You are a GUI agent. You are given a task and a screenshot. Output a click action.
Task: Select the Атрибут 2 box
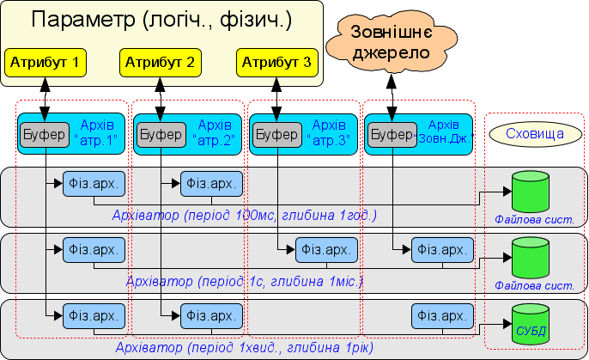(161, 62)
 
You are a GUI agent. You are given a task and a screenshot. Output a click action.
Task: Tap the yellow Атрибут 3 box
(276, 62)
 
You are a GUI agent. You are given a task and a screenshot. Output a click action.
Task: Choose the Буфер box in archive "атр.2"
(161, 135)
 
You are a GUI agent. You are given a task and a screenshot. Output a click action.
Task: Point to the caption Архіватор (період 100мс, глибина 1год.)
(245, 214)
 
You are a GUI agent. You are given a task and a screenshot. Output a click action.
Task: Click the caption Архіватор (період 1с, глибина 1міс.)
(245, 280)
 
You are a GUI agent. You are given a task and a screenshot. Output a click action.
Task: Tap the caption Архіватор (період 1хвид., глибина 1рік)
(245, 347)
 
